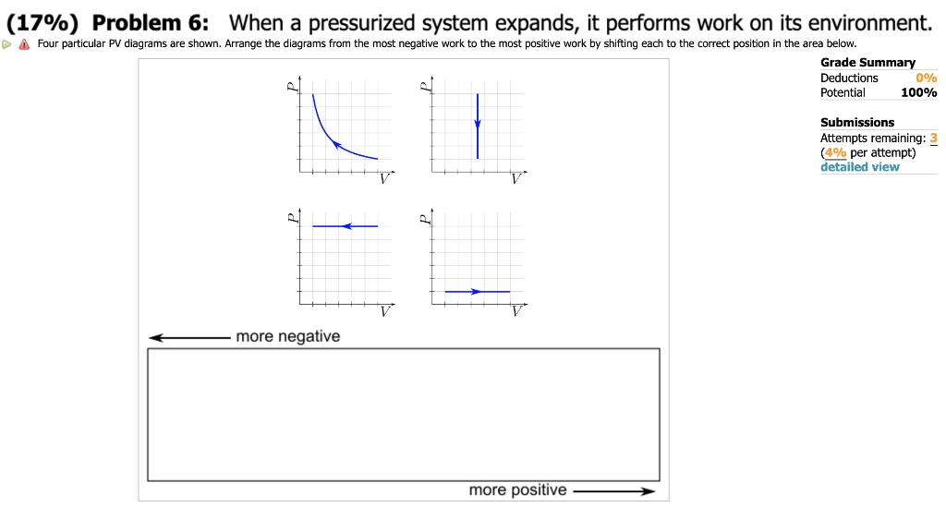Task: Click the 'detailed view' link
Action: (x=859, y=167)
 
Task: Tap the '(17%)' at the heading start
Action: (x=45, y=23)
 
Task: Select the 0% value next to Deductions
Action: (x=927, y=78)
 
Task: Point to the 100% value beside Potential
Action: (x=918, y=92)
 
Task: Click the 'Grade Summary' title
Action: (x=867, y=63)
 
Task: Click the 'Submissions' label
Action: (x=857, y=122)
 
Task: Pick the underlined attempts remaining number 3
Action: (x=933, y=138)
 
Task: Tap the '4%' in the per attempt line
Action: (x=835, y=152)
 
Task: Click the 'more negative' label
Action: (x=287, y=337)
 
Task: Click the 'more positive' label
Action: (x=517, y=490)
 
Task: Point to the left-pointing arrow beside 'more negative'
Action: (x=189, y=338)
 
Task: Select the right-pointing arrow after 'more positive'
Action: (x=614, y=491)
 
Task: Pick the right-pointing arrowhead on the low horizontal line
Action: (x=477, y=292)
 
